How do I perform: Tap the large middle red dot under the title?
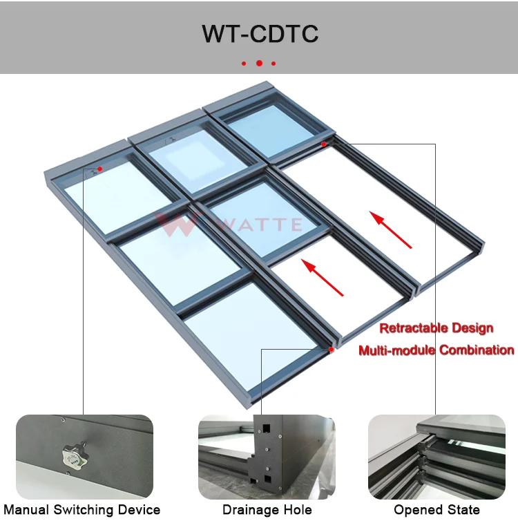[259, 63]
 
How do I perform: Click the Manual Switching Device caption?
[82, 510]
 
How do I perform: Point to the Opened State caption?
[437, 510]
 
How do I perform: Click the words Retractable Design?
[437, 328]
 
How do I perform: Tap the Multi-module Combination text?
[437, 350]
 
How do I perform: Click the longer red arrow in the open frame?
[391, 230]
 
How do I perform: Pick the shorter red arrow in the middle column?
[323, 276]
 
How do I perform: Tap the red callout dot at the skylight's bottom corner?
[332, 350]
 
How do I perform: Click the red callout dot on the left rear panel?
[99, 169]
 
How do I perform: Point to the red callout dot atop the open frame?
[323, 144]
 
